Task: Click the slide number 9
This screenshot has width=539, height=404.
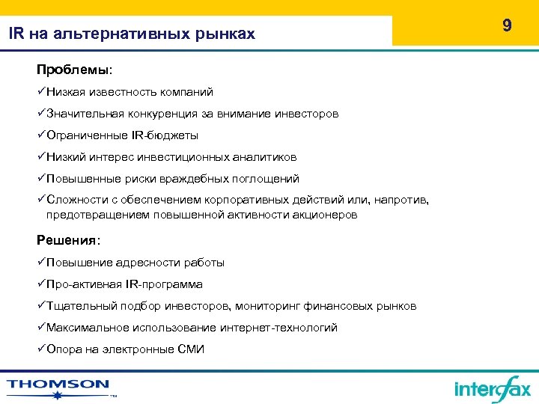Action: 507,26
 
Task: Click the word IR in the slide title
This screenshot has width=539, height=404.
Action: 16,34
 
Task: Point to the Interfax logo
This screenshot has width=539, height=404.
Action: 492,388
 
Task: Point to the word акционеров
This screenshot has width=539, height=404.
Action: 321,215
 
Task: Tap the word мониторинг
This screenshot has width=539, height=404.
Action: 272,306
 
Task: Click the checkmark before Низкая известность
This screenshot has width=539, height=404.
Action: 41,92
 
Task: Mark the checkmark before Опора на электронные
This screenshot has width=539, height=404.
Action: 41,349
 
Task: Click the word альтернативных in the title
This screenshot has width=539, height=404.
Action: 111,34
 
